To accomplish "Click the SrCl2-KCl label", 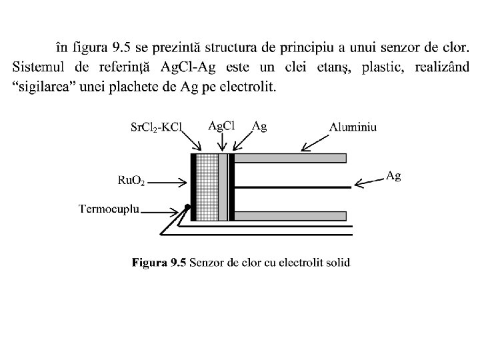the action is pyautogui.click(x=157, y=127).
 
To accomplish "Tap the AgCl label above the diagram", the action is pyautogui.click(x=222, y=125).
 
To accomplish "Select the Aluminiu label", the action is pyautogui.click(x=353, y=127).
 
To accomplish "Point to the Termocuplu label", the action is pyautogui.click(x=109, y=209).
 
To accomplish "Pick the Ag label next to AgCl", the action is pyautogui.click(x=259, y=125).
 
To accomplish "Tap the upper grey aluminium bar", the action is pyautogui.click(x=290, y=158).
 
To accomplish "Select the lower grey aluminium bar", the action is pyautogui.click(x=290, y=216).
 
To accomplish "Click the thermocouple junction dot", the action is pyautogui.click(x=188, y=207).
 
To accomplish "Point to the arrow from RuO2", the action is pyautogui.click(x=171, y=180).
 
